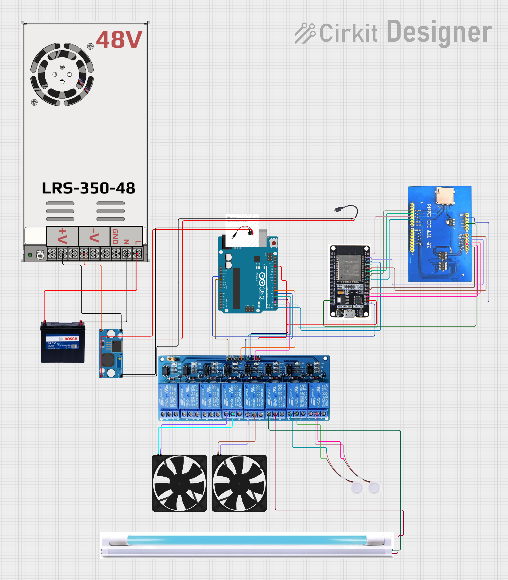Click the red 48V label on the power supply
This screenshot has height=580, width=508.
click(x=119, y=39)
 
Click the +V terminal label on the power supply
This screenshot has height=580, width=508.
click(x=63, y=236)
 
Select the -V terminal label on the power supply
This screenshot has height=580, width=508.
click(x=94, y=236)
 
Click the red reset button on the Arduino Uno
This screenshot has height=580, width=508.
click(x=274, y=243)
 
